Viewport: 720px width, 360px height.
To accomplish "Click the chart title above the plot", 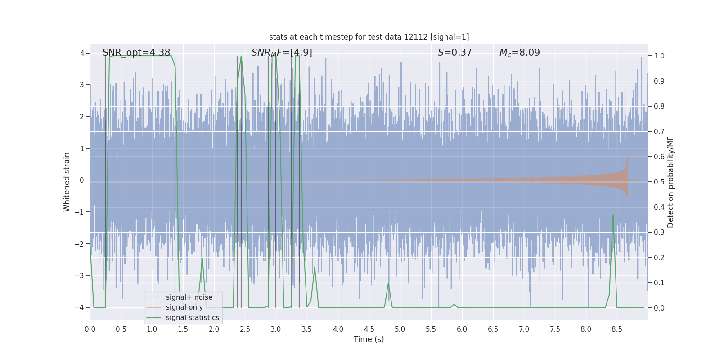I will click(x=369, y=37).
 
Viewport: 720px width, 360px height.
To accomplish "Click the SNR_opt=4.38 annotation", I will click(x=136, y=53).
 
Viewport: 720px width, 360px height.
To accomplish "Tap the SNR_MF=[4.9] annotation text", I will click(x=282, y=53).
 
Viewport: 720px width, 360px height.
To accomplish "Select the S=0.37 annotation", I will click(x=454, y=53).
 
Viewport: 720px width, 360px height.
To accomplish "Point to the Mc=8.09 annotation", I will click(x=519, y=53).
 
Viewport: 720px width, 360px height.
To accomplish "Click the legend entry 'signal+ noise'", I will click(x=189, y=297).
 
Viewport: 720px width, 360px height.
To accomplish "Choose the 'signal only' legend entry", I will click(x=184, y=307).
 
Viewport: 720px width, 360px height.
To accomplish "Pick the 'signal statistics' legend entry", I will click(x=192, y=318).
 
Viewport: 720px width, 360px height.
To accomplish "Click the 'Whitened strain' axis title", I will click(x=67, y=182).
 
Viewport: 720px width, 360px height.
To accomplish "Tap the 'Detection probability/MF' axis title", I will click(x=670, y=182).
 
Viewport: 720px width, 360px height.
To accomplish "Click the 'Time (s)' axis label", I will click(x=369, y=339).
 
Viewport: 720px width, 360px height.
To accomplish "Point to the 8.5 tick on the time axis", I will click(x=617, y=329).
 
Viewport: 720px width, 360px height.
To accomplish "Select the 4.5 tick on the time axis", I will click(x=369, y=329).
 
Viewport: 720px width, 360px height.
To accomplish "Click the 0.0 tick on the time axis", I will click(x=90, y=329).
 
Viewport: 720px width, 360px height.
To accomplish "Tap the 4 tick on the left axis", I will click(x=82, y=53).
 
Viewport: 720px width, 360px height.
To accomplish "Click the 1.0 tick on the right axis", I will click(x=659, y=56).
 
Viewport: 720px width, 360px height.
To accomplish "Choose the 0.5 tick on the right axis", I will click(x=659, y=182).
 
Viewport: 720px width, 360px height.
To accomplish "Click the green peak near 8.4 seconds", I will click(x=613, y=215).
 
